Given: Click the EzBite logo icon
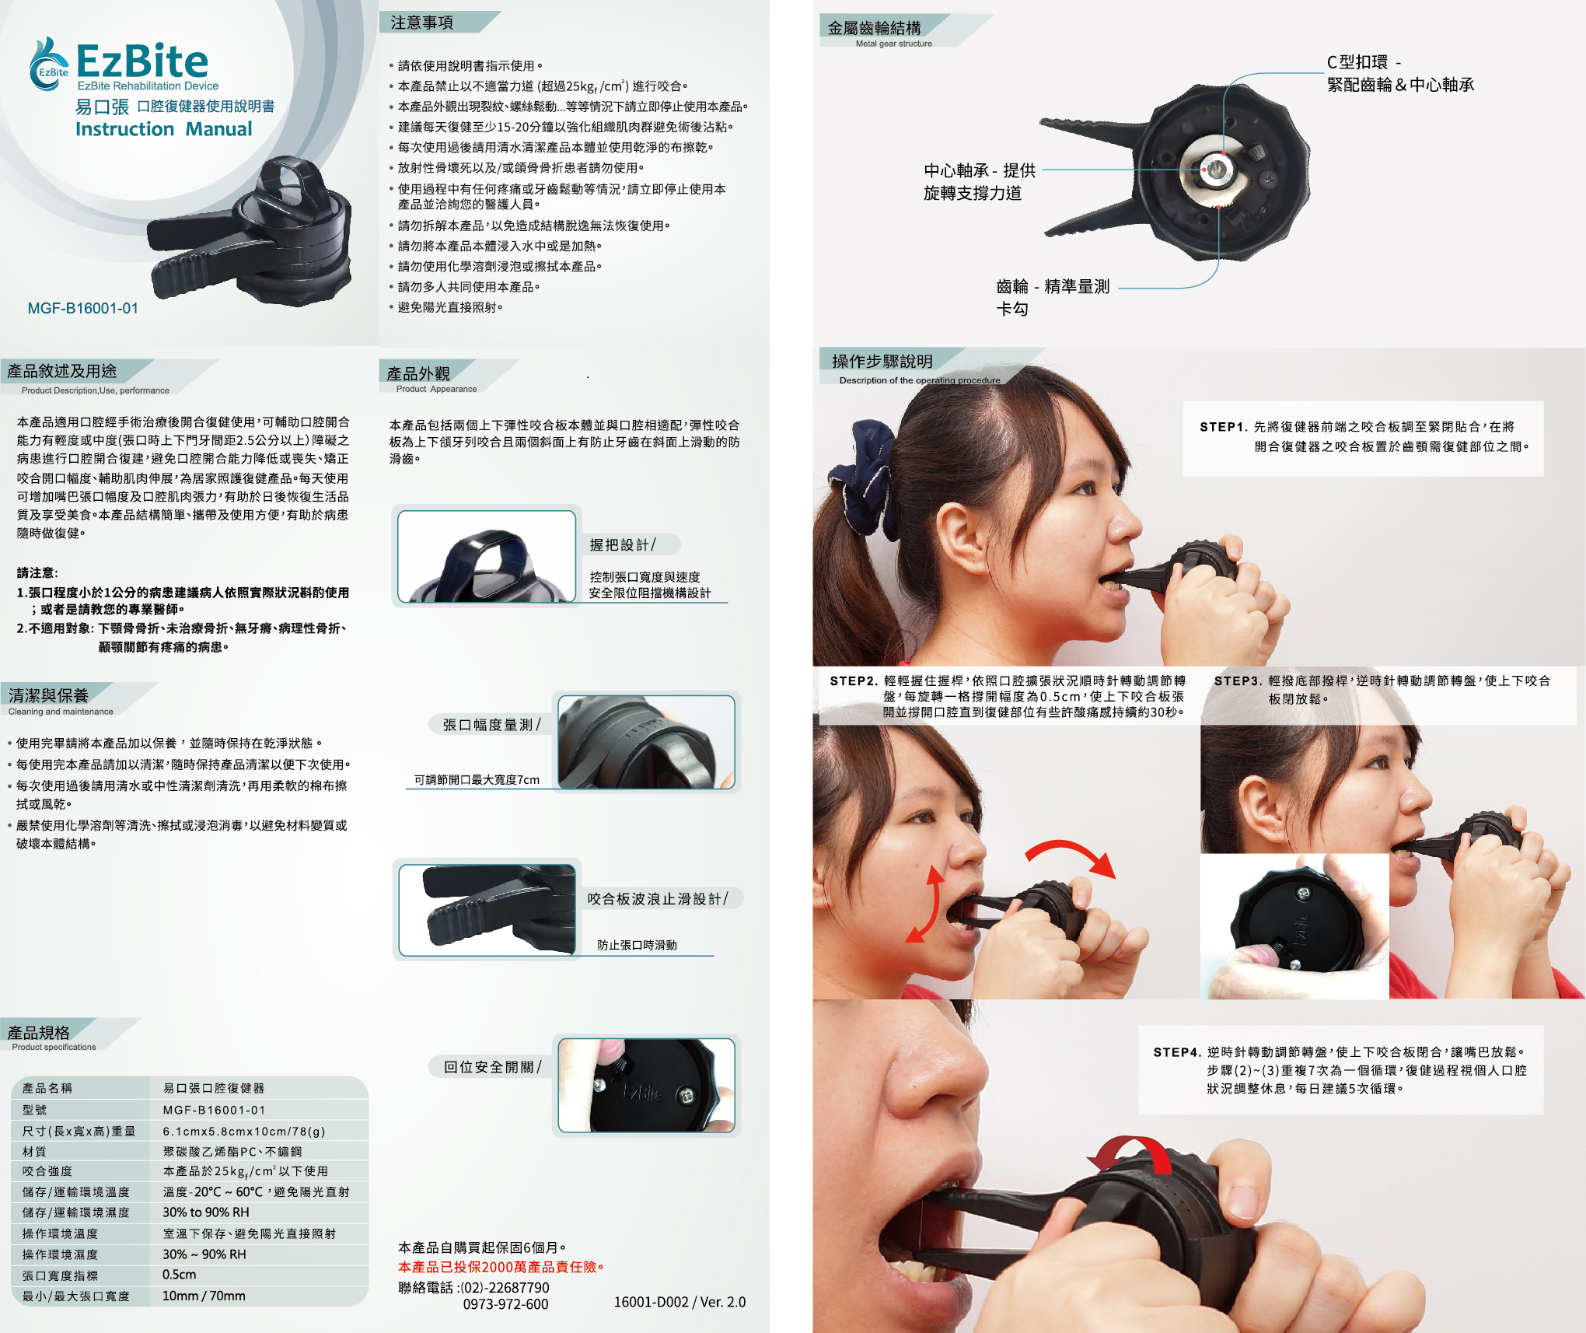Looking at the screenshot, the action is tap(49, 64).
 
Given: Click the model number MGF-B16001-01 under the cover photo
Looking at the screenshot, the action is tap(83, 308).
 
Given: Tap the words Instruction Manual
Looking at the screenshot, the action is tap(164, 129).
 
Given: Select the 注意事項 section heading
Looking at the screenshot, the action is tap(422, 23).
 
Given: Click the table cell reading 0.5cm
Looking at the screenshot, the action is tap(180, 1275).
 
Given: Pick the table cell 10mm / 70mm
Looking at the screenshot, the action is tap(204, 1296).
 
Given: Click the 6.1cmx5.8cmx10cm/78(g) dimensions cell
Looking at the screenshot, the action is tap(244, 1131).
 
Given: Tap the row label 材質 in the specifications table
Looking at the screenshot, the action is tap(34, 1151).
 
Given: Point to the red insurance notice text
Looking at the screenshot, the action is tap(501, 1267).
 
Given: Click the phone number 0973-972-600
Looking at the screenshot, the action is tap(505, 1304).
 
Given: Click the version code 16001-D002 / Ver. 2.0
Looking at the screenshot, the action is tap(679, 1302).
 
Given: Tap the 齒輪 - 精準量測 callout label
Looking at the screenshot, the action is tap(1053, 286).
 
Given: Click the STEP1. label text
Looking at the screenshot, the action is tap(1224, 427).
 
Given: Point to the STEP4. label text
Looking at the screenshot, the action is tap(1177, 1052).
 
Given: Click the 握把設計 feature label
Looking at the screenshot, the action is tap(622, 544).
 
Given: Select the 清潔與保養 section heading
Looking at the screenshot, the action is tap(48, 695).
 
